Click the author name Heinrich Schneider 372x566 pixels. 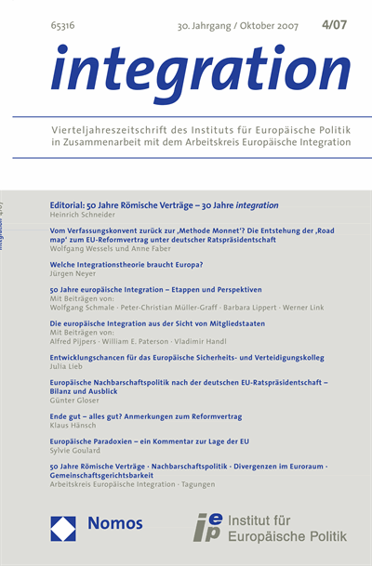82,214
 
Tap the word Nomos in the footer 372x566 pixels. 115,525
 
